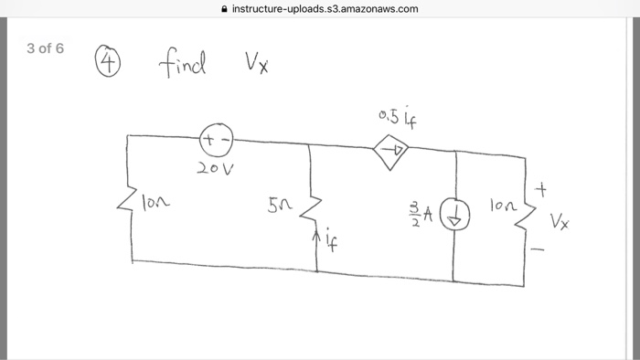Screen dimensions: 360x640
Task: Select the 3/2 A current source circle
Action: pyautogui.click(x=454, y=217)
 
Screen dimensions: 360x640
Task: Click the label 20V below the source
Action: pyautogui.click(x=217, y=171)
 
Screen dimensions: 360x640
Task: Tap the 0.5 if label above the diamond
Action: pyautogui.click(x=389, y=116)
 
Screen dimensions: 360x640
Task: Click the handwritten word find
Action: pyautogui.click(x=184, y=65)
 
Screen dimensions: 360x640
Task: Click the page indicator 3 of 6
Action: pyautogui.click(x=45, y=48)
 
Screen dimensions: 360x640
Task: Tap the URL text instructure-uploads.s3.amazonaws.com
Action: pyautogui.click(x=325, y=9)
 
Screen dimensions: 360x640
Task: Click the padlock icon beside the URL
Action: pyautogui.click(x=224, y=9)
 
